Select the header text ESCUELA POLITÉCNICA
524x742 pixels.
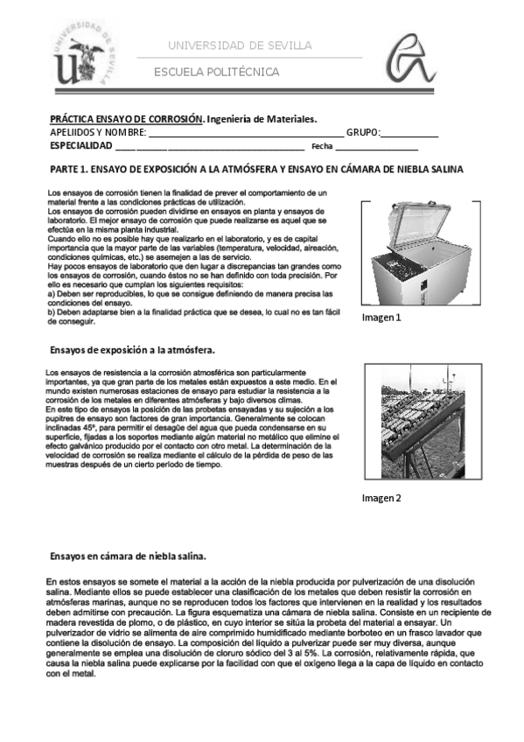click(216, 72)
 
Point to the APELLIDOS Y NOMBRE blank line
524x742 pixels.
click(245, 133)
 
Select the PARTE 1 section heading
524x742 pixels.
click(255, 169)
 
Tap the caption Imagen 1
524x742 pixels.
click(381, 318)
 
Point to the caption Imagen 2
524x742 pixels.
click(381, 499)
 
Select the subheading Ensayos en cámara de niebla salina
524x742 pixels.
click(127, 556)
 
